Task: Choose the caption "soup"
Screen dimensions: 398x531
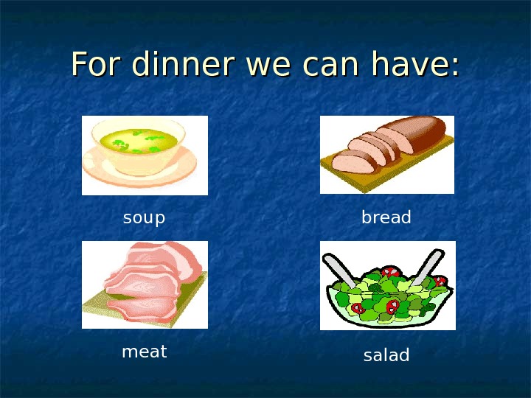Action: pos(144,218)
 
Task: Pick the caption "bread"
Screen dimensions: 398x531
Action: pos(386,218)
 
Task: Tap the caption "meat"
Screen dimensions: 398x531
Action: pos(144,352)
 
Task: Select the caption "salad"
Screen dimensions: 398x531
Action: pos(386,355)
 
